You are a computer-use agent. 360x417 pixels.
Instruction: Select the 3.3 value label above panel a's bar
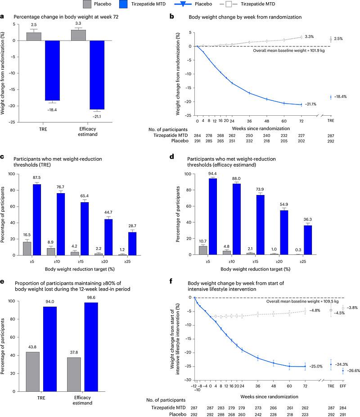tap(78, 23)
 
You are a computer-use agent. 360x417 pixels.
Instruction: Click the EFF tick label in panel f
tap(343, 386)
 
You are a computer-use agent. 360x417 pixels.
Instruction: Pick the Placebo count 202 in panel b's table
tap(301, 141)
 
